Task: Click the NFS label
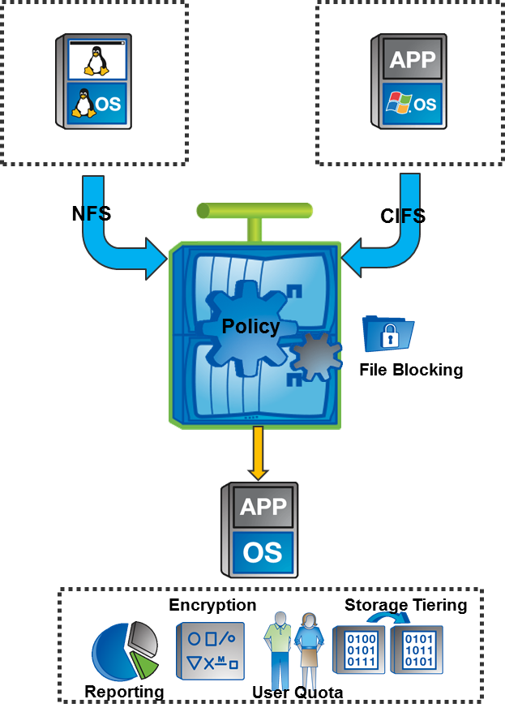coord(92,214)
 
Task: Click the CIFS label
coord(403,216)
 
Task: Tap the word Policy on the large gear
coord(250,327)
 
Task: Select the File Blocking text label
coord(411,370)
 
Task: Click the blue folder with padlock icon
coord(388,333)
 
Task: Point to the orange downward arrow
coord(259,453)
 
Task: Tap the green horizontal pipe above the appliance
coord(254,212)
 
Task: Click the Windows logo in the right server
coord(398,103)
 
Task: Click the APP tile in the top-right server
coord(413,59)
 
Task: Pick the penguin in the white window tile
coord(96,59)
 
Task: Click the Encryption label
coord(212,605)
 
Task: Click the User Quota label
coord(297,693)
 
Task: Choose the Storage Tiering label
coord(405,605)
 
